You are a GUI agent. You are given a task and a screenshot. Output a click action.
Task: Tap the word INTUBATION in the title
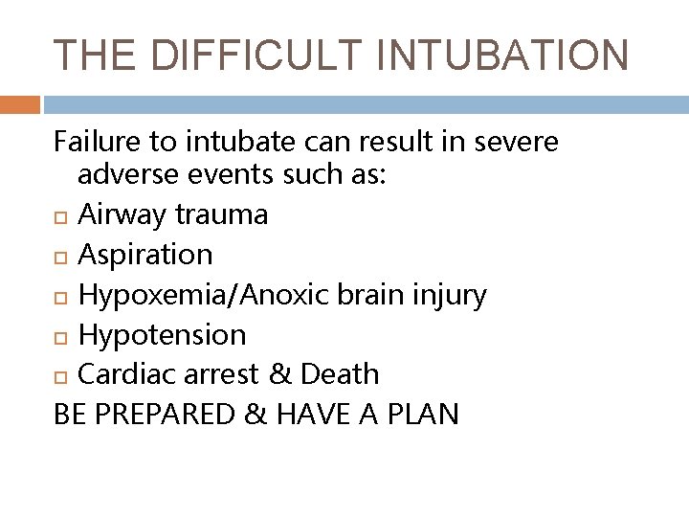point(511,55)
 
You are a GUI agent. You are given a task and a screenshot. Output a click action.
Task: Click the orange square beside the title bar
point(20,103)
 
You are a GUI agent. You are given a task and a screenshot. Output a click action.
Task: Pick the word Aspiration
point(145,255)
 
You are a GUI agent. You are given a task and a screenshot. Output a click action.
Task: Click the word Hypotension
point(162,334)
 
